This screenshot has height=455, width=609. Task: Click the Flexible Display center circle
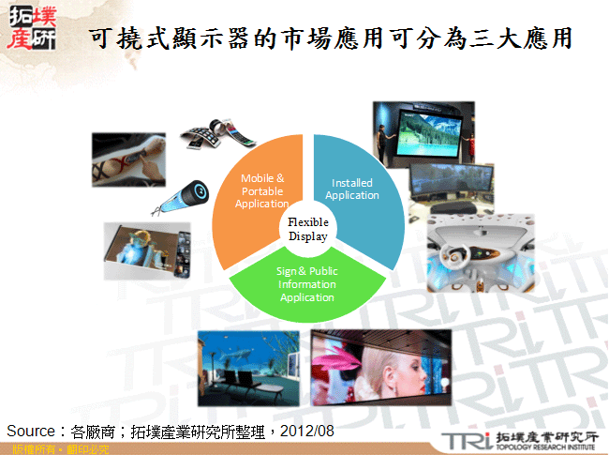[x=307, y=230]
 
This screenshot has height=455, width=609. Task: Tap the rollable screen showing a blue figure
[x=141, y=248]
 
